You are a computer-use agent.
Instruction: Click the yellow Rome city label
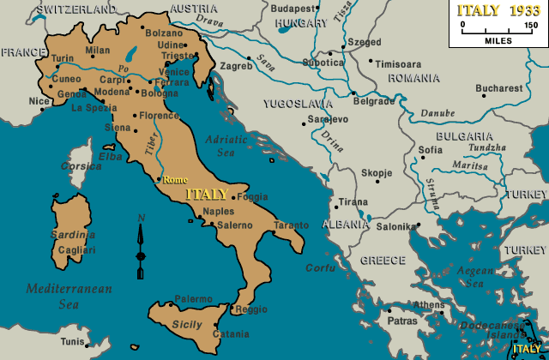coord(175,180)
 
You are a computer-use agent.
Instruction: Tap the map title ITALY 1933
coord(498,10)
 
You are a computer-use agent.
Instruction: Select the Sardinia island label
coord(72,234)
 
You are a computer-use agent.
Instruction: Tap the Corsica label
coord(81,165)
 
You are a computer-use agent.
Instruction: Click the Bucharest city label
coord(498,88)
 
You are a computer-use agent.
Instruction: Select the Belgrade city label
coord(374,101)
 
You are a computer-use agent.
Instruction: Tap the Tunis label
coord(72,341)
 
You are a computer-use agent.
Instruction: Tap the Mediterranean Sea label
coord(68,296)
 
